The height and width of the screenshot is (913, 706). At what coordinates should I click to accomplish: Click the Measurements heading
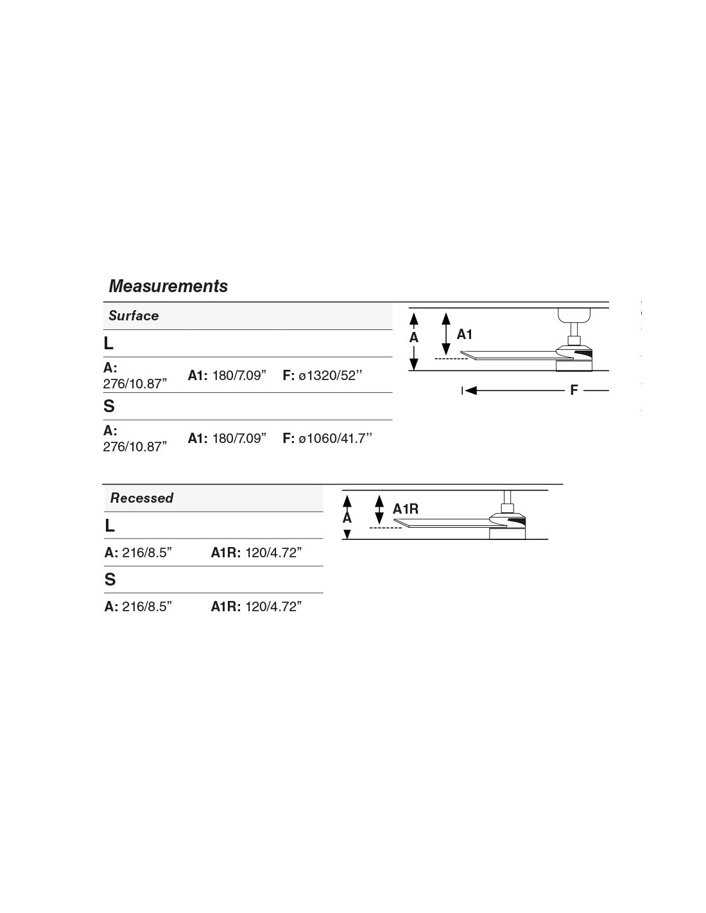click(168, 286)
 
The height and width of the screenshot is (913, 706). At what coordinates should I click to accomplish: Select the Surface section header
click(133, 316)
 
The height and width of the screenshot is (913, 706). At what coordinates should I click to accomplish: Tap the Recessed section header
click(142, 498)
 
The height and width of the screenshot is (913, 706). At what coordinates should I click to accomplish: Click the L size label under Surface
click(108, 343)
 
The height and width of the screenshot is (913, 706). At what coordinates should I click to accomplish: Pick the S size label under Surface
click(109, 406)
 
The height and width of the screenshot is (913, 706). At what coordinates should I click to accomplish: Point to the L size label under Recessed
click(110, 526)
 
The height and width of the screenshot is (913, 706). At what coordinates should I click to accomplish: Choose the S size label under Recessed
click(110, 580)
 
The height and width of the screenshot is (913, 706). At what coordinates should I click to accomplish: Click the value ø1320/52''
click(331, 376)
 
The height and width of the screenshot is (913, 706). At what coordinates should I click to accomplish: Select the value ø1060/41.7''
click(336, 439)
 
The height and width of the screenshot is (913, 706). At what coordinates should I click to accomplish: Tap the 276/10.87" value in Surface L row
click(135, 383)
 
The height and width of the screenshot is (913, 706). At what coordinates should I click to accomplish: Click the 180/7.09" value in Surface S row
click(239, 439)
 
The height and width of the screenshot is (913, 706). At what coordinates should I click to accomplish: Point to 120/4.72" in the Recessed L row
click(273, 553)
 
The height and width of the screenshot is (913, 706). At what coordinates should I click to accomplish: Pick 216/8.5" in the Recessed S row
click(147, 607)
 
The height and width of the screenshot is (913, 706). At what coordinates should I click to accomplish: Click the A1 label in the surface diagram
click(465, 335)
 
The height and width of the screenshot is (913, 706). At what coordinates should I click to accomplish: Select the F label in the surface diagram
click(574, 390)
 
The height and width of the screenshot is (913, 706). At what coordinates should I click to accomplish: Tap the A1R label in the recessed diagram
click(406, 509)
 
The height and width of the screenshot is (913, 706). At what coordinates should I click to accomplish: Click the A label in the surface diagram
click(414, 338)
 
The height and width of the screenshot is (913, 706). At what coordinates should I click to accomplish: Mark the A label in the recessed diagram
click(347, 517)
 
